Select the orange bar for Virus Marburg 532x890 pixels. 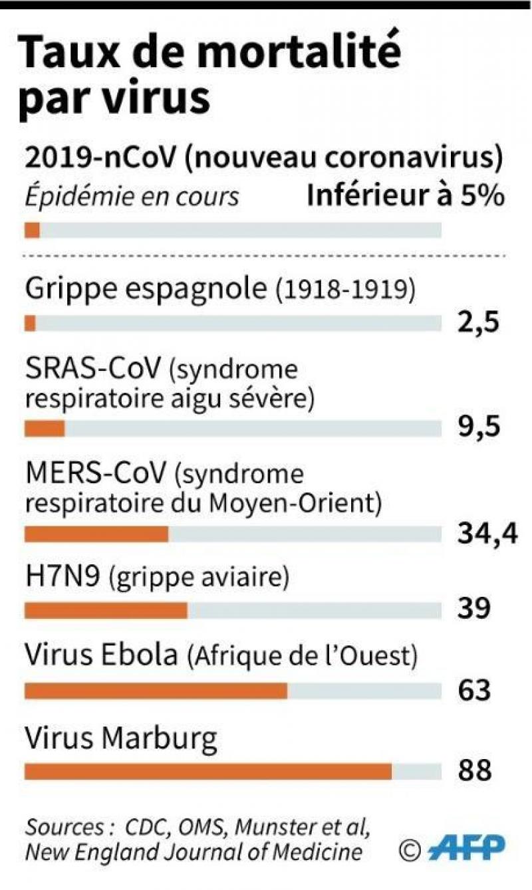click(208, 771)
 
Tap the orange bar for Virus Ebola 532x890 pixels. click(156, 691)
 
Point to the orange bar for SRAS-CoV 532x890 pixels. click(45, 429)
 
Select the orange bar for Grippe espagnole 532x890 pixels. click(30, 323)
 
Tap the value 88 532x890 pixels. click(474, 771)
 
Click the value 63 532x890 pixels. click(474, 690)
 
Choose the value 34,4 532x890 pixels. click(487, 533)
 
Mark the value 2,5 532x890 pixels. click(478, 323)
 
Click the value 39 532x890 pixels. click(474, 608)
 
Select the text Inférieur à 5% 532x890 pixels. click(405, 197)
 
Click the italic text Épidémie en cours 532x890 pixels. click(132, 197)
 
